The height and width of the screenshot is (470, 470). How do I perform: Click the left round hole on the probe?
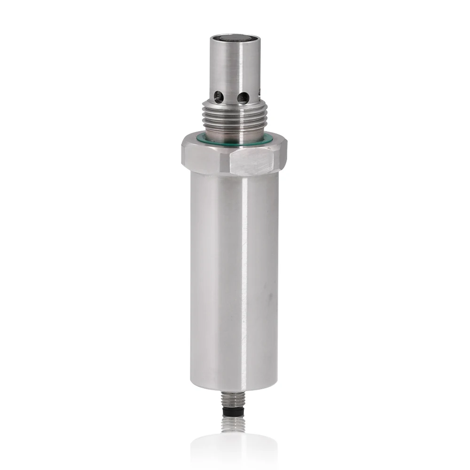pos(218,97)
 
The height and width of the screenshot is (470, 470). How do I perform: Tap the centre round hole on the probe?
pos(243,98)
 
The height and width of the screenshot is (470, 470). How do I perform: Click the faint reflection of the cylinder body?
pos(234,449)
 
